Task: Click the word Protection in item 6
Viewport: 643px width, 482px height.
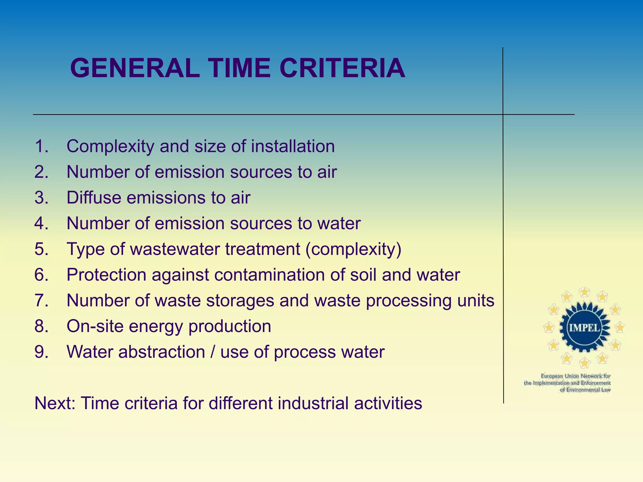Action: pyautogui.click(x=106, y=275)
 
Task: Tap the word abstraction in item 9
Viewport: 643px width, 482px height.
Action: pyautogui.click(x=161, y=352)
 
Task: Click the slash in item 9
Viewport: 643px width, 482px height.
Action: pyautogui.click(x=213, y=352)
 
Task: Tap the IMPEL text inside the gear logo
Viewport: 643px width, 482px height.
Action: pyautogui.click(x=584, y=328)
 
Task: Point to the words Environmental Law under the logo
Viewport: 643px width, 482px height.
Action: pyautogui.click(x=586, y=390)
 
